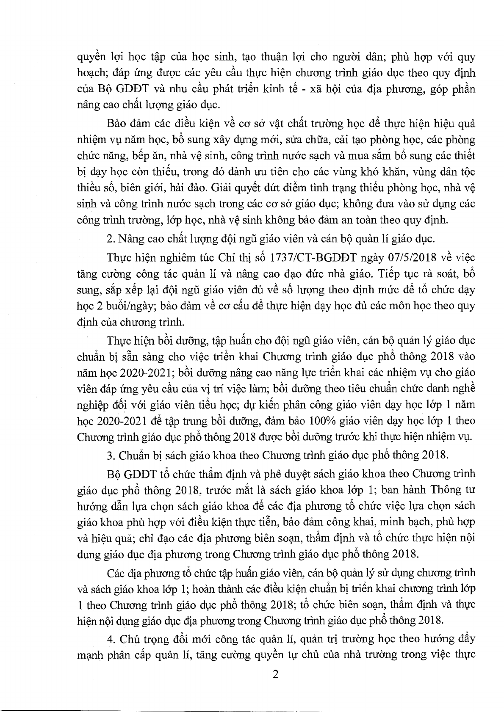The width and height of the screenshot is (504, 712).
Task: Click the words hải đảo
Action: [x=191, y=188]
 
